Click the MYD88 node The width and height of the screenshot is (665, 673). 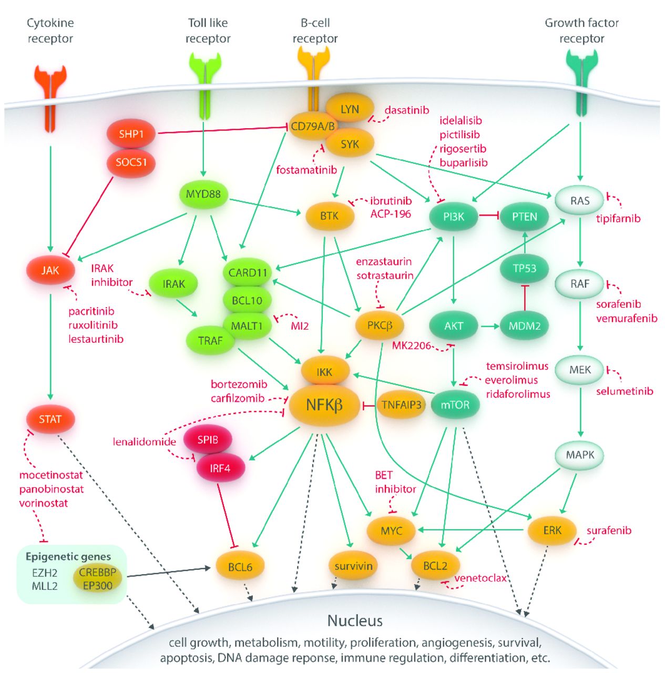(203, 194)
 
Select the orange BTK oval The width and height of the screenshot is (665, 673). (330, 216)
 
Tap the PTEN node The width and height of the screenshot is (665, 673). (524, 217)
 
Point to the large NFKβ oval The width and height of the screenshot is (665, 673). (324, 405)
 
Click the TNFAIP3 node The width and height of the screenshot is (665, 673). (401, 405)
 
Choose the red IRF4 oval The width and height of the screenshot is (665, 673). (220, 468)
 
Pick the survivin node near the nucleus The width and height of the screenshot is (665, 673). (353, 566)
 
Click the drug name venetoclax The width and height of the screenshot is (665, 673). (480, 578)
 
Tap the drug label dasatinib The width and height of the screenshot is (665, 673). (406, 110)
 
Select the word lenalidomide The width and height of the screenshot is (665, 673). (144, 442)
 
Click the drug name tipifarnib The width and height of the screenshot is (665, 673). (618, 219)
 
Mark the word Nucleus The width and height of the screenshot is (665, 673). (355, 621)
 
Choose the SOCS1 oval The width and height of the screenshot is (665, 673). (131, 162)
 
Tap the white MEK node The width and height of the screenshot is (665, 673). (580, 370)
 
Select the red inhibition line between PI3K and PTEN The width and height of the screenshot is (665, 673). (488, 216)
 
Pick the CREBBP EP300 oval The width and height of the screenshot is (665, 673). (98, 579)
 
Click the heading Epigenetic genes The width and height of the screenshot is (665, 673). (68, 557)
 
